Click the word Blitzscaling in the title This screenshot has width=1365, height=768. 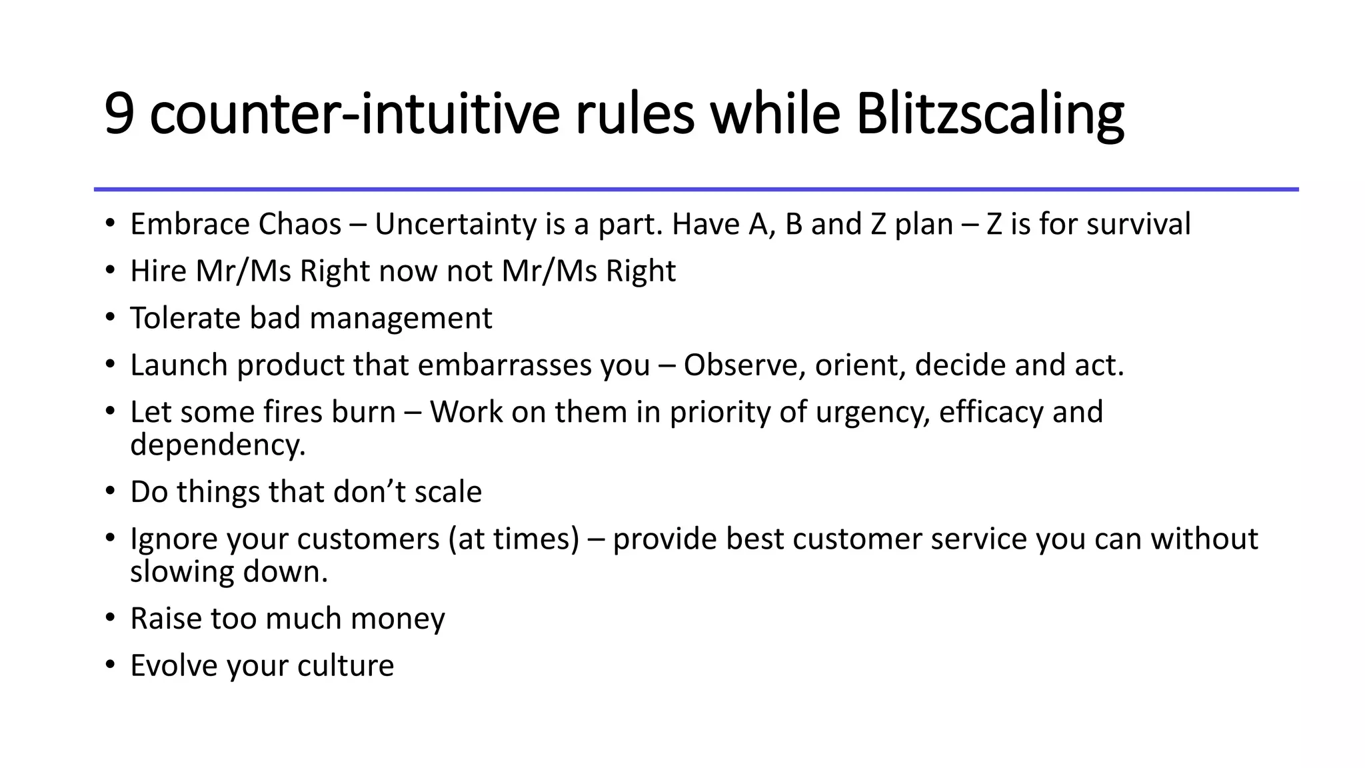[990, 115]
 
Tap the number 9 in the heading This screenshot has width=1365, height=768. [120, 115]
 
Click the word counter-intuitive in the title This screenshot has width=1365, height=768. [354, 115]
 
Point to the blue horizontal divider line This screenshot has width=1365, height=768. [696, 189]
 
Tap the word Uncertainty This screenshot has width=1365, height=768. [456, 224]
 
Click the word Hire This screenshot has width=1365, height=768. [158, 271]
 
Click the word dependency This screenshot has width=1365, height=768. [217, 445]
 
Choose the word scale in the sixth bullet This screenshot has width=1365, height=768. [448, 492]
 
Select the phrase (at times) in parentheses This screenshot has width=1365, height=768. [514, 539]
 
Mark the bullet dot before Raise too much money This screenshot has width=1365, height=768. [110, 618]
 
